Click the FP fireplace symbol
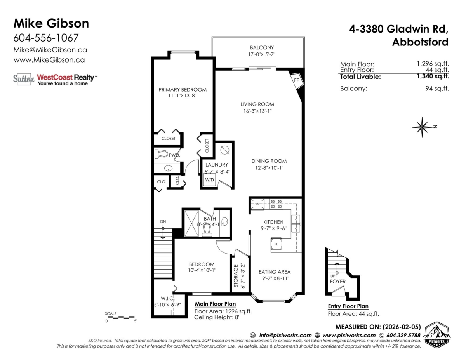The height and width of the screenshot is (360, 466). coord(297,80)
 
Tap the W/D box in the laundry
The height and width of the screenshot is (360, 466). coord(210,180)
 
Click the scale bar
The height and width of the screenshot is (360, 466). coord(121,317)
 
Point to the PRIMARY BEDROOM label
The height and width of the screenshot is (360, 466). coord(183,90)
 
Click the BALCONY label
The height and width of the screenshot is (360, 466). coord(262,47)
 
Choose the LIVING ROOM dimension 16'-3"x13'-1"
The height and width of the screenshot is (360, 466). coord(257,111)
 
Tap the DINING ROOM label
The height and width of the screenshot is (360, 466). coord(269,161)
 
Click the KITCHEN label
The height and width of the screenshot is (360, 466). coord(273,222)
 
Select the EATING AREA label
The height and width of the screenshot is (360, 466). coord(275,272)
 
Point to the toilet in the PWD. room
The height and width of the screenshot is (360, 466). coord(161,154)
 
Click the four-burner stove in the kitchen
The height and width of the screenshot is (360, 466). coord(276,204)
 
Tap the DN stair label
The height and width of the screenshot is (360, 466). coord(163,221)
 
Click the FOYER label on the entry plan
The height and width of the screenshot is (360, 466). coord(337,281)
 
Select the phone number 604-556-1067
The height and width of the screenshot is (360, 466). coord(46,38)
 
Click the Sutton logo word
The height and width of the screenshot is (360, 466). coord(24,79)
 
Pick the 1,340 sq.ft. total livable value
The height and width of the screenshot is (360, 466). coord(433,76)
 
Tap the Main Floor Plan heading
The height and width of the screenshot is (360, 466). coord(215,304)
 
